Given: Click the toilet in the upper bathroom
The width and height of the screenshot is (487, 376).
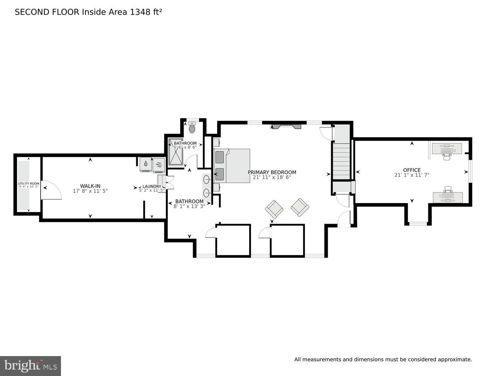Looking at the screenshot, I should point(192,128).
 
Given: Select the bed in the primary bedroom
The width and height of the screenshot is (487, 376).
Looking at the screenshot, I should point(232,166).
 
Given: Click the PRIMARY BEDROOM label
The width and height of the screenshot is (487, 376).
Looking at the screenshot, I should point(272,172).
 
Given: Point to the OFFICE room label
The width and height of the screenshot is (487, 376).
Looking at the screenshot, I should point(412,170).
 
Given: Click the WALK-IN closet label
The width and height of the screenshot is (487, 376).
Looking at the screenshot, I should point(90,186).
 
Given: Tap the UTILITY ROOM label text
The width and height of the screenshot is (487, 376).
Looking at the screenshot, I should point(29,183).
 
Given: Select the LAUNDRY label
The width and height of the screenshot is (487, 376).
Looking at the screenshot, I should point(152,186).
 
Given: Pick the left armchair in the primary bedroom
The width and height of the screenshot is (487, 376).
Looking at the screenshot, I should point(274,209).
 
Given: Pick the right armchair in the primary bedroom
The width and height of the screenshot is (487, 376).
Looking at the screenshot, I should point(300,207).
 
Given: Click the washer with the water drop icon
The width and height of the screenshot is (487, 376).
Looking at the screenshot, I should point(146,164).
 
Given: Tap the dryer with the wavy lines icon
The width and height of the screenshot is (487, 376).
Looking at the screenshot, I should point(158,165).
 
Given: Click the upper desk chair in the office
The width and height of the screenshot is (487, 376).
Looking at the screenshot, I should point(447,156).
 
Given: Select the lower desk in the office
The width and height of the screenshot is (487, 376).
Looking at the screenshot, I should point(448,197).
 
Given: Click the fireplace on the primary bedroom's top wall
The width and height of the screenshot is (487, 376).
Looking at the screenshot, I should point(286,126).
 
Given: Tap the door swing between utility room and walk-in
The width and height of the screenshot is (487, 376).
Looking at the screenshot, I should point(50,190).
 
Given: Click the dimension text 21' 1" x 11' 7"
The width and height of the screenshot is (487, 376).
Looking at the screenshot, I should point(412,175).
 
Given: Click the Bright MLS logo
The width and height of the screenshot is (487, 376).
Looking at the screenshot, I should point(30,365).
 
